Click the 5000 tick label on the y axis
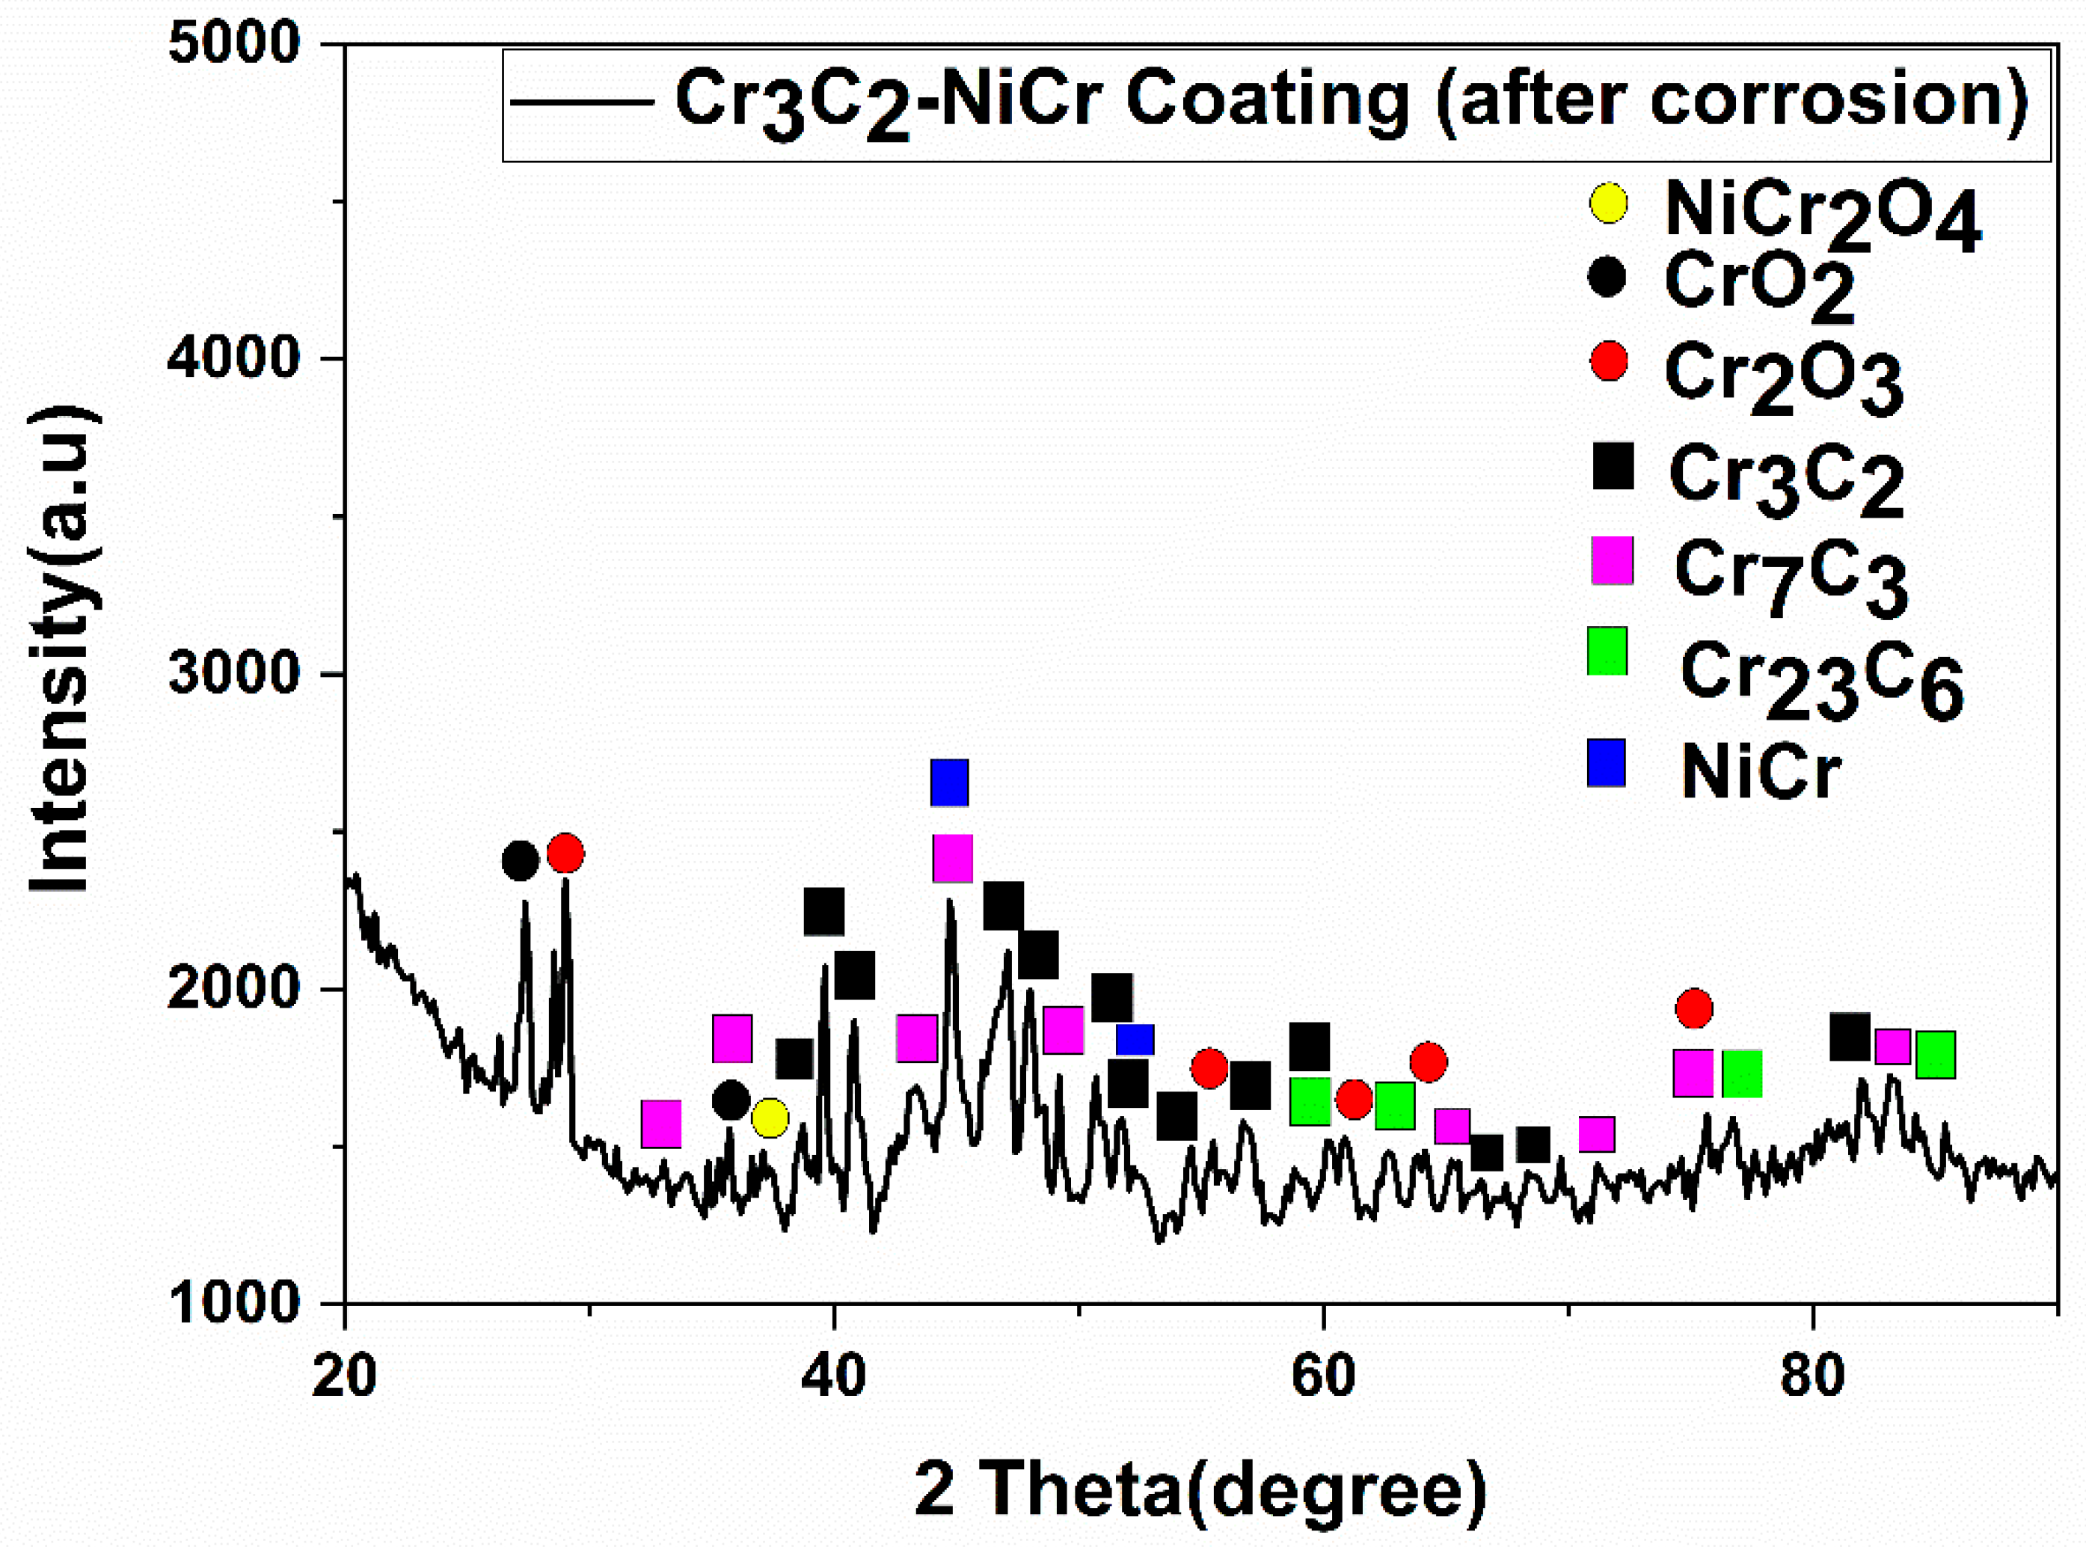(x=233, y=44)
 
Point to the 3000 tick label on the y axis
(x=233, y=673)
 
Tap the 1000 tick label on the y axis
(x=233, y=1302)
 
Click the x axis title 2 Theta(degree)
(x=1200, y=1489)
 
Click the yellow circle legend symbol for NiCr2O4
(x=1609, y=203)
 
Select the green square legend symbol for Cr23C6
(x=1607, y=651)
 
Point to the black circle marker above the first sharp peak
(x=521, y=860)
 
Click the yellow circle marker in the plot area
(x=770, y=1118)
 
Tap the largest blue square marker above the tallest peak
(x=949, y=783)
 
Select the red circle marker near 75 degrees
(x=1693, y=1008)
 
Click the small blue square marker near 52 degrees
(x=1135, y=1040)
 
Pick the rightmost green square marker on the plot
(x=1935, y=1056)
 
